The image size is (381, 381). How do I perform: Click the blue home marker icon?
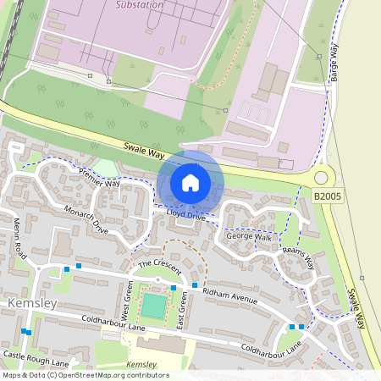190,183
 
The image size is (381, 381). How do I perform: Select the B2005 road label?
329,196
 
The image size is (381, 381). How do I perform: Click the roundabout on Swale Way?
321,177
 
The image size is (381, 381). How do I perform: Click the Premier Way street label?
100,177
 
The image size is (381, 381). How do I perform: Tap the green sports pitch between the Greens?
154,306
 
